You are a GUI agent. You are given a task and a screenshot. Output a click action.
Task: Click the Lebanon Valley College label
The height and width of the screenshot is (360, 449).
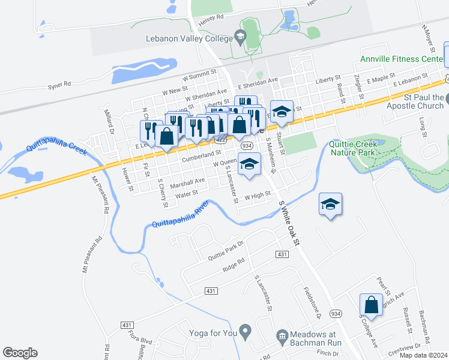[x=189, y=38]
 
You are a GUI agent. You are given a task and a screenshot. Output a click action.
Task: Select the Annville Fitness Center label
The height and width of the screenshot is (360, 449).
[x=402, y=59]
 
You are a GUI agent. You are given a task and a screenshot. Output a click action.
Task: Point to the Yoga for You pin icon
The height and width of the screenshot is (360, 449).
[x=244, y=330]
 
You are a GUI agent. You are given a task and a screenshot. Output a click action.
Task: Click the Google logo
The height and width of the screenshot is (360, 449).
[x=20, y=353]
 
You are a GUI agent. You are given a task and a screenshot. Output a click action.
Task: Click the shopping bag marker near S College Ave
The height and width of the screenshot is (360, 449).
[x=372, y=305]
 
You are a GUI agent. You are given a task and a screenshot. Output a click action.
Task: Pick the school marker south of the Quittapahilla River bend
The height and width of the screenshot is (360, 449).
[x=330, y=205]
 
